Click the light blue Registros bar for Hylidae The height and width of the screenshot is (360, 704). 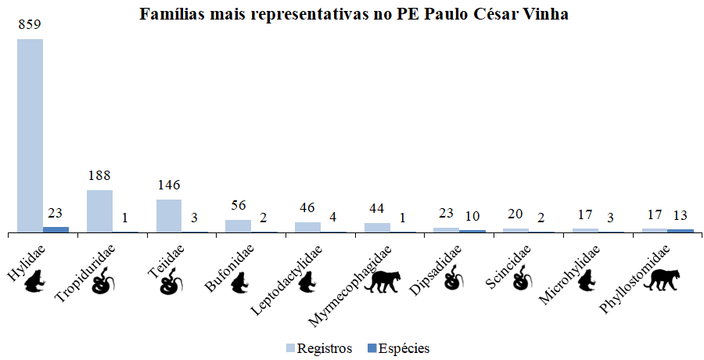click(x=30, y=135)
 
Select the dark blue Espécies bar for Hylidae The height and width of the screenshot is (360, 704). click(x=56, y=229)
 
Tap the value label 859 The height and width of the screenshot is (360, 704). click(x=31, y=26)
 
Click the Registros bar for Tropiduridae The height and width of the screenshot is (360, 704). click(x=99, y=211)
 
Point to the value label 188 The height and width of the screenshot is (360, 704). click(x=99, y=177)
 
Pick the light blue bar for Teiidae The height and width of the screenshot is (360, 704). click(x=169, y=216)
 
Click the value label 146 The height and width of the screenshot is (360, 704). click(x=169, y=186)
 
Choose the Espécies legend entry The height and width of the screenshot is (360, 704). click(x=398, y=347)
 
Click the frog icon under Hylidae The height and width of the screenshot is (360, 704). click(x=34, y=283)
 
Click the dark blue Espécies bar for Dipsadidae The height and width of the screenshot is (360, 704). click(x=472, y=231)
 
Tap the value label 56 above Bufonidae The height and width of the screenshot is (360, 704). click(x=239, y=207)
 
